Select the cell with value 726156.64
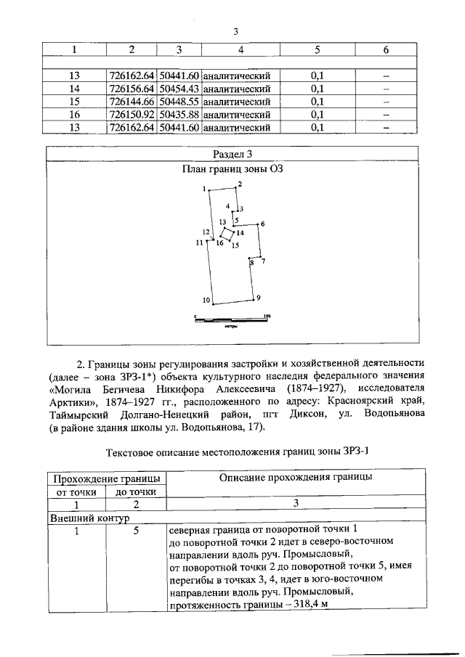[132, 89]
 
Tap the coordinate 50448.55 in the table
[179, 102]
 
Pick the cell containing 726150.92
[132, 115]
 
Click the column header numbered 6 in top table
[386, 49]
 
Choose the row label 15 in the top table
[74, 102]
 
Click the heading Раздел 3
[232, 154]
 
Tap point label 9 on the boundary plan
[257, 298]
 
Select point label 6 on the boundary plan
[262, 224]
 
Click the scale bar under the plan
[232, 319]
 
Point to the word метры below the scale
[232, 327]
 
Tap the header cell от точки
[76, 491]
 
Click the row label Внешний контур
[87, 519]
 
